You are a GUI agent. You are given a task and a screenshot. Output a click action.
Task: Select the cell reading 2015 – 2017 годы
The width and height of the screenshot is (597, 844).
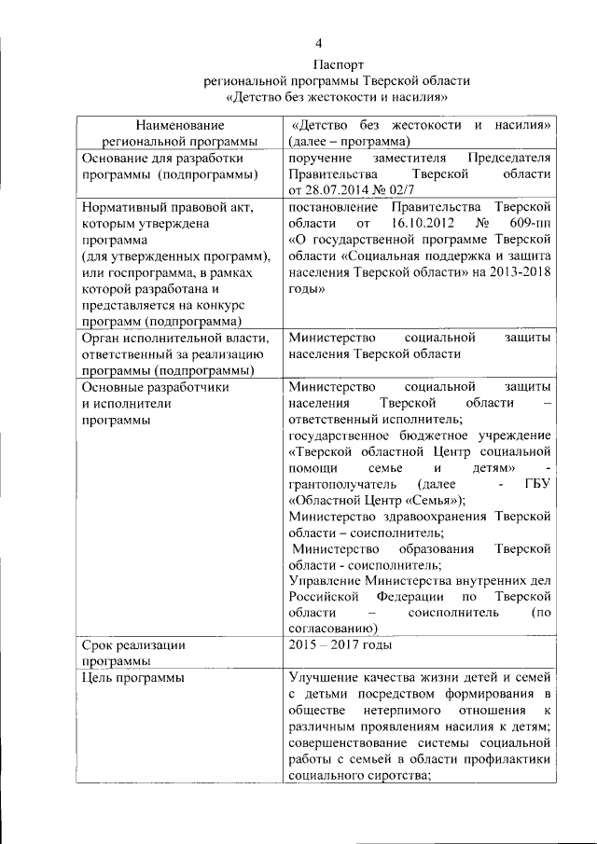pyautogui.click(x=340, y=644)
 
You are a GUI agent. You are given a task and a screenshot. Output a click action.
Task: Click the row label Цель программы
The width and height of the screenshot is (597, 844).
pyautogui.click(x=132, y=677)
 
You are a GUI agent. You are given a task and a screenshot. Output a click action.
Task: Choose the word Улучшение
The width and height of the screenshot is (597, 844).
pyautogui.click(x=325, y=677)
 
